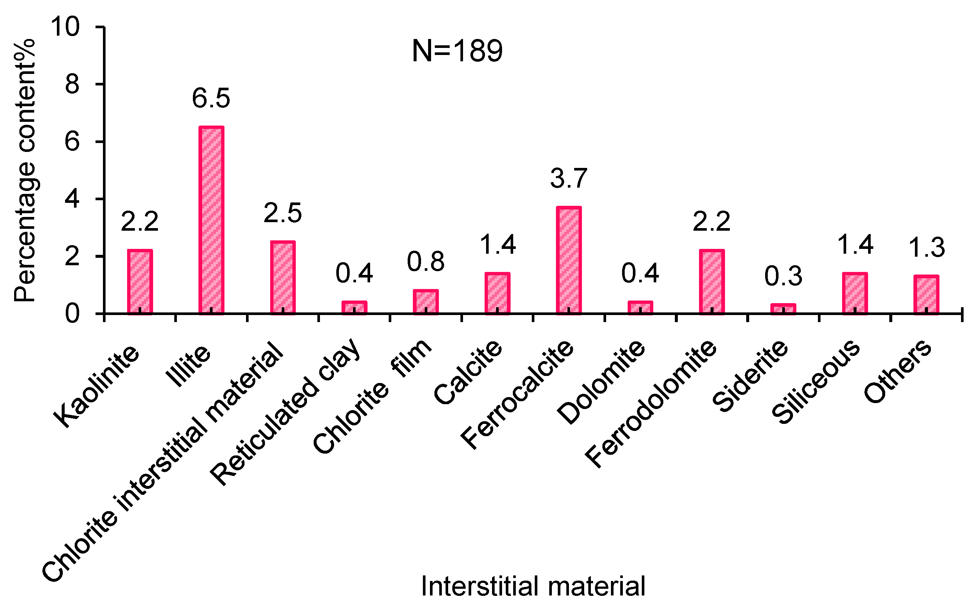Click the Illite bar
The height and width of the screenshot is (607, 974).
click(211, 220)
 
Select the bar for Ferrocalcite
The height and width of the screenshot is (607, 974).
click(569, 260)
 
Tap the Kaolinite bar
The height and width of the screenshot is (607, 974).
click(140, 282)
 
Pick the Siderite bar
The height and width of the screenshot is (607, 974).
click(783, 308)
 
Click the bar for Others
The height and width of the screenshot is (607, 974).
click(926, 294)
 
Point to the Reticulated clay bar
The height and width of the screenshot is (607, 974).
click(354, 307)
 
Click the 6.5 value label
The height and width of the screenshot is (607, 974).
click(211, 98)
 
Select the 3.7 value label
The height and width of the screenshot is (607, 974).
click(569, 179)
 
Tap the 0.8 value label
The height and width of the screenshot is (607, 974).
click(425, 262)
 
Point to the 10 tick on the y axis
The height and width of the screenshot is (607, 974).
click(65, 27)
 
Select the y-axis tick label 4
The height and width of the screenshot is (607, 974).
click(72, 199)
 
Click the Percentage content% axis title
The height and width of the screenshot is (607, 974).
click(25, 171)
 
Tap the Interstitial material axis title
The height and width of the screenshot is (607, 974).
click(533, 587)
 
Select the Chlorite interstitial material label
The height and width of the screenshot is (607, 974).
click(163, 462)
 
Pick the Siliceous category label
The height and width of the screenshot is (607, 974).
click(816, 382)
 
